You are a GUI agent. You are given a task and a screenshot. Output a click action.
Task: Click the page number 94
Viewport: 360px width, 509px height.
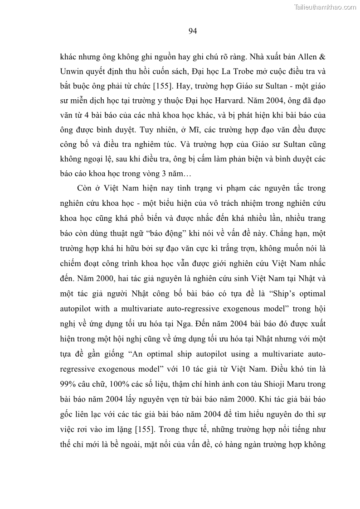tap(192, 31)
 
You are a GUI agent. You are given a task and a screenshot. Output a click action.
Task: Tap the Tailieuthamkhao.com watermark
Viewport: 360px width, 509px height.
tap(325, 7)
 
